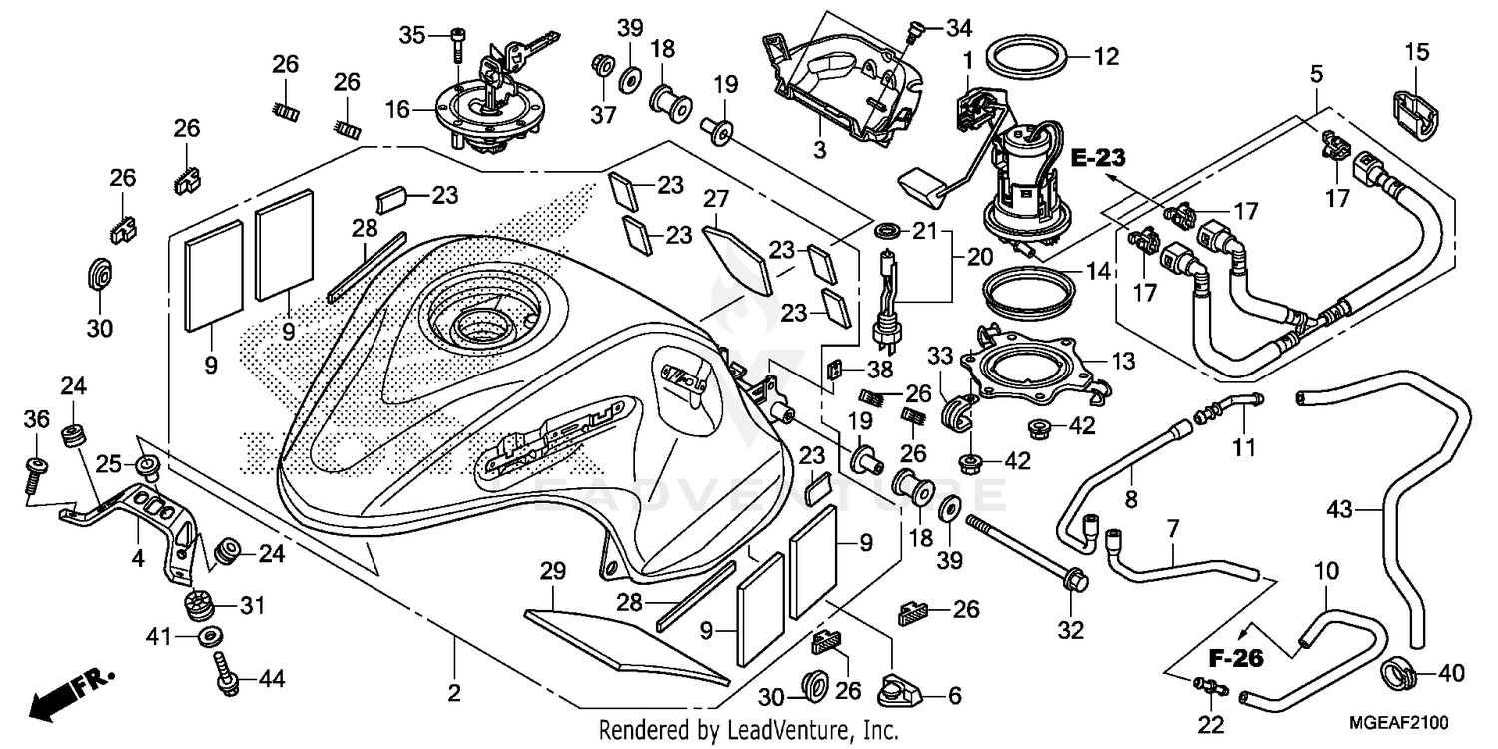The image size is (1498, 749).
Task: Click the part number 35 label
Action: [x=412, y=35]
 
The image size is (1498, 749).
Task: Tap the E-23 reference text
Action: [x=1099, y=157]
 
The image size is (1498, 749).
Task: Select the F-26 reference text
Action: [x=1236, y=658]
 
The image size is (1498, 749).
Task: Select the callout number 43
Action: [x=1340, y=510]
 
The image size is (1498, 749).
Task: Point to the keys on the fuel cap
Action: [x=519, y=50]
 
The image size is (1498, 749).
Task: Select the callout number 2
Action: [x=454, y=693]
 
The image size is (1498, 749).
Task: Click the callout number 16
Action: [x=398, y=109]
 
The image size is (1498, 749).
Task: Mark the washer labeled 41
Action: [x=210, y=635]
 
